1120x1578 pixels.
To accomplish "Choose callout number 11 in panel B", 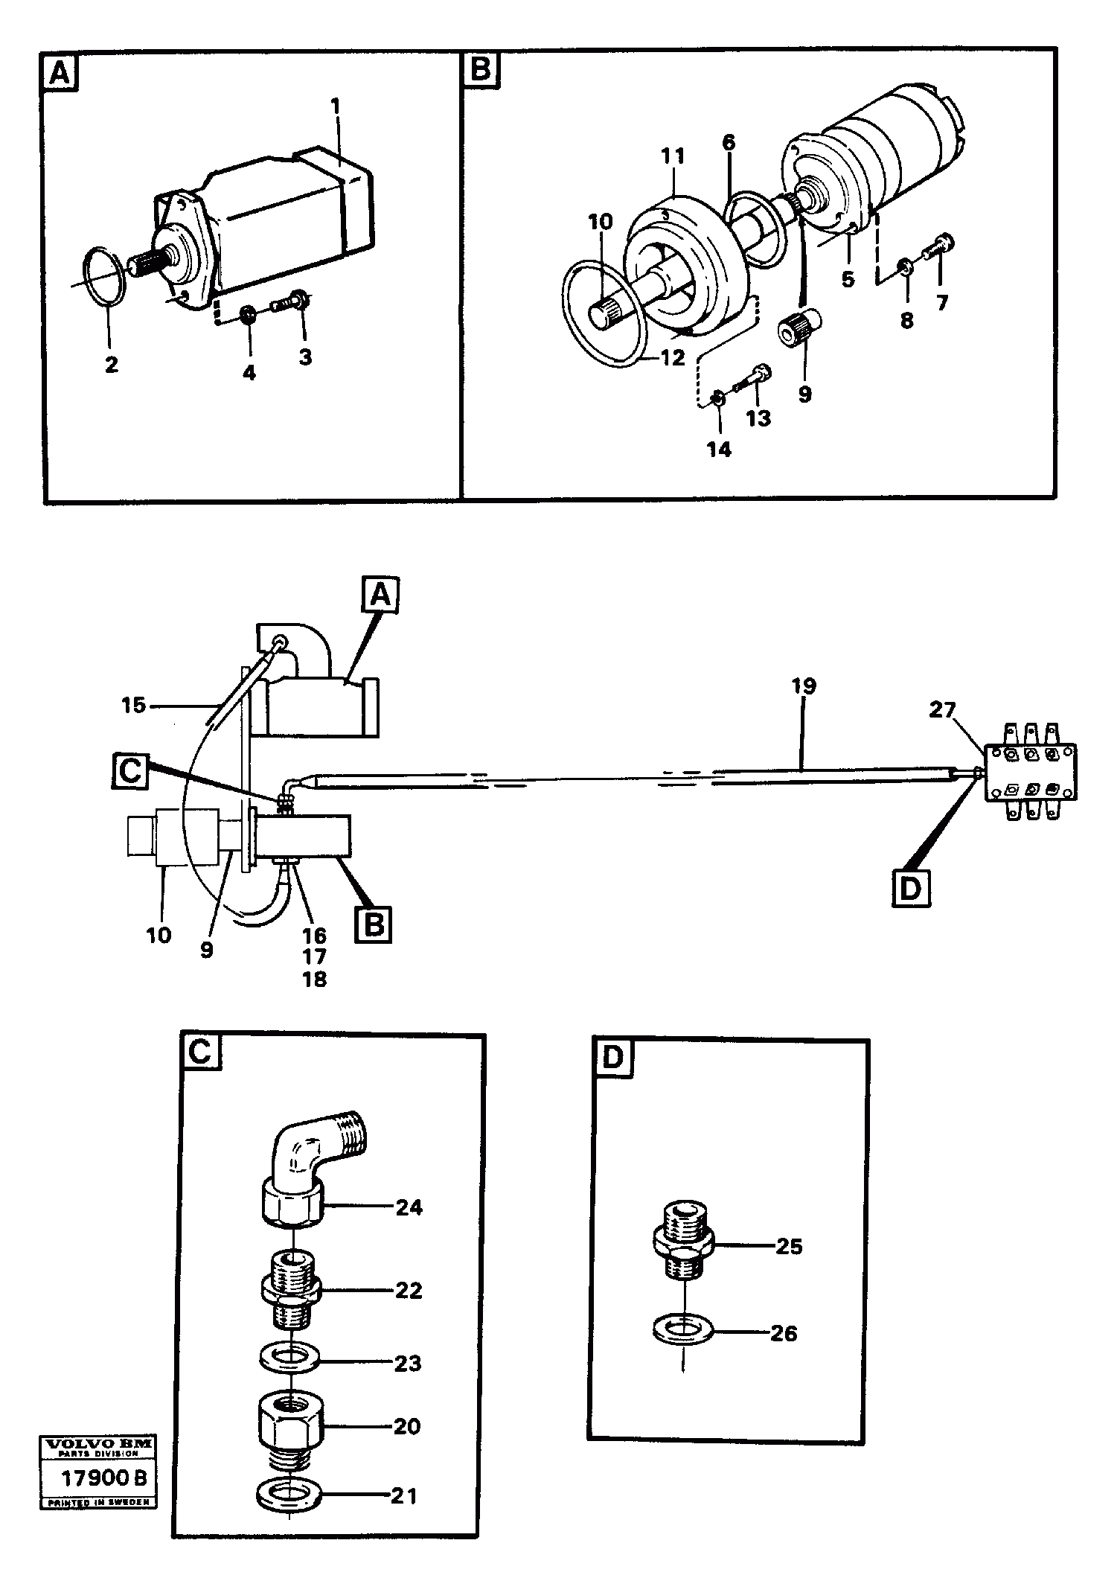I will coord(673,156).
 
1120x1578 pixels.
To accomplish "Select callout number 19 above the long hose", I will coord(804,686).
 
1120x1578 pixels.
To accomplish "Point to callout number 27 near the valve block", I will coord(941,710).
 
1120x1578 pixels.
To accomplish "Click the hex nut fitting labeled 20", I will coord(289,1424).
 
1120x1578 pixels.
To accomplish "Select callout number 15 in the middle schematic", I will coord(133,704).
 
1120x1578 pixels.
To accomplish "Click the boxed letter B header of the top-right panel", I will coord(481,71).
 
